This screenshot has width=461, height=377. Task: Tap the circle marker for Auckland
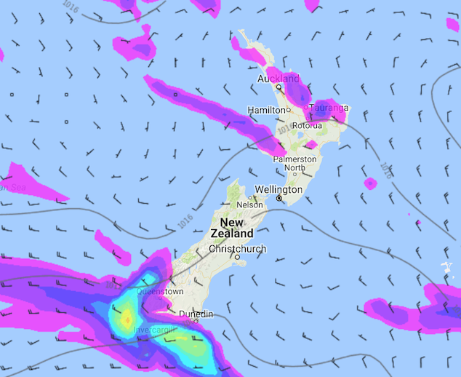pyautogui.click(x=278, y=87)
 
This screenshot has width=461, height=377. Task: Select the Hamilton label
pyautogui.click(x=266, y=110)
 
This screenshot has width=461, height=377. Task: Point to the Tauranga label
pyautogui.click(x=329, y=108)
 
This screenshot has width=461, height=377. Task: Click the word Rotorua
pyautogui.click(x=307, y=125)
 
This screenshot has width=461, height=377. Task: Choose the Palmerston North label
pyautogui.click(x=294, y=163)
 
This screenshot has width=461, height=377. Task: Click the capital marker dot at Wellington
pyautogui.click(x=278, y=197)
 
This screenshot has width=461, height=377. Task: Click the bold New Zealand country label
pyautogui.click(x=233, y=228)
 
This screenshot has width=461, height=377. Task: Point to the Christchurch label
pyautogui.click(x=237, y=249)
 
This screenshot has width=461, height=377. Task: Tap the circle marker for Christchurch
pyautogui.click(x=237, y=257)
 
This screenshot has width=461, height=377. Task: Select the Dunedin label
pyautogui.click(x=196, y=314)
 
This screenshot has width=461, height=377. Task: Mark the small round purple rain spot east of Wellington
pyautogui.click(x=369, y=183)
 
